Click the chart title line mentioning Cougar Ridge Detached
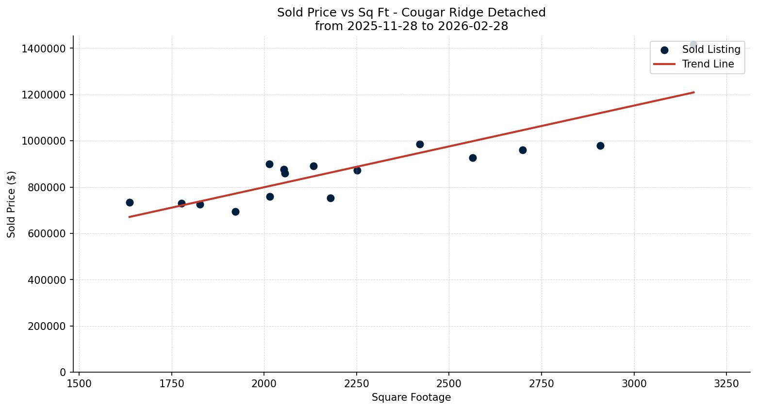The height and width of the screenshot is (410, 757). click(x=411, y=13)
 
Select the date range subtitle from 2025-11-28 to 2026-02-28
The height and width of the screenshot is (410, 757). click(x=411, y=26)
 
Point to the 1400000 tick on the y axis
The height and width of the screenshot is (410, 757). click(x=44, y=49)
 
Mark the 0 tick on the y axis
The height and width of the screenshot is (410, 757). click(x=63, y=372)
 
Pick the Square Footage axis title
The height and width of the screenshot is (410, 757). click(x=411, y=398)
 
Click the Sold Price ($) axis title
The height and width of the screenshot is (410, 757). click(x=12, y=204)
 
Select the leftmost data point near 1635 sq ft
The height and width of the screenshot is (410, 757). click(x=130, y=202)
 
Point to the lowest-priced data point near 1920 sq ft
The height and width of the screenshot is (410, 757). click(x=235, y=212)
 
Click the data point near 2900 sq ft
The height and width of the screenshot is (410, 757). click(x=600, y=146)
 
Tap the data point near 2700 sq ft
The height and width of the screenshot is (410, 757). click(x=523, y=150)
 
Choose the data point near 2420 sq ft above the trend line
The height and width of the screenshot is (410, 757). click(x=420, y=144)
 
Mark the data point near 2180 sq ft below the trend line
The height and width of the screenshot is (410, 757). click(x=330, y=198)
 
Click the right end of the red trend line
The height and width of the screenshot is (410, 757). click(x=693, y=92)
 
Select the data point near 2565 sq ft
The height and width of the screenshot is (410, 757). click(x=473, y=158)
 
